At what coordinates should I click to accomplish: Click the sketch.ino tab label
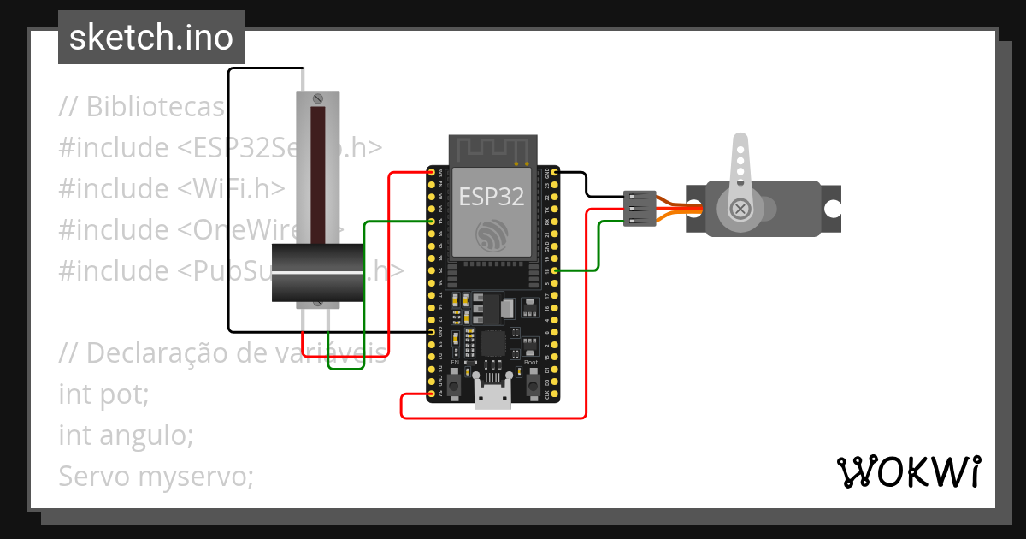coord(150,38)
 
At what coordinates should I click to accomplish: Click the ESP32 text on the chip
coord(491,197)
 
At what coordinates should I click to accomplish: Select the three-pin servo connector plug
coord(640,209)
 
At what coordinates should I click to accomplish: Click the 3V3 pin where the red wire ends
coord(432,173)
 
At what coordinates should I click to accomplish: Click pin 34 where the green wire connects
coord(432,222)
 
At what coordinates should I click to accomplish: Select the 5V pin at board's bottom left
coord(432,394)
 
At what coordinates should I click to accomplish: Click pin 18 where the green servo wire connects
coord(555,270)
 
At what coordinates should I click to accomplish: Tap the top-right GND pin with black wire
coord(555,173)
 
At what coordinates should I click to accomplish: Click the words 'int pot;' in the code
coord(103,394)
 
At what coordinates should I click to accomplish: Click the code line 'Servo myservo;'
coord(156,476)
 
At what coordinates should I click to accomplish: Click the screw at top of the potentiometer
coord(318,98)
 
